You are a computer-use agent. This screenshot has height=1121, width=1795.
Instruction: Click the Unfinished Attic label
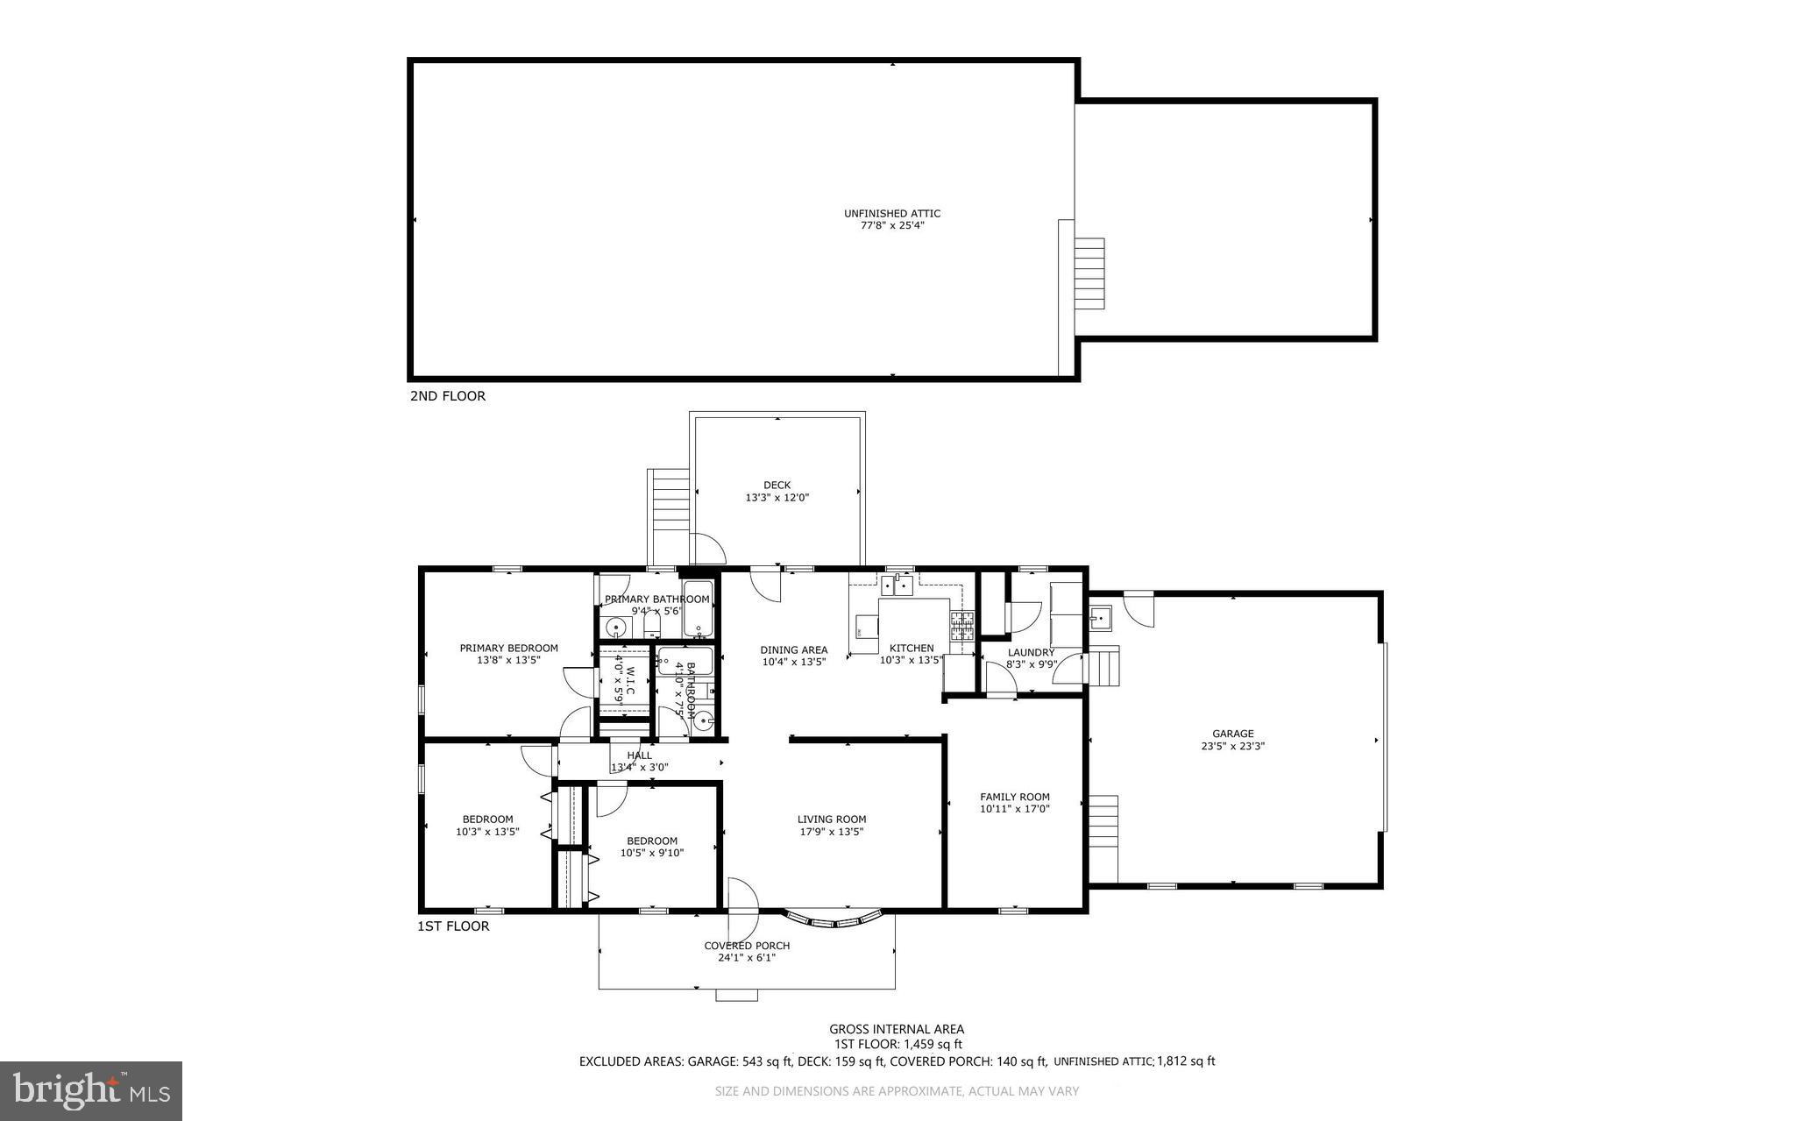[891, 213]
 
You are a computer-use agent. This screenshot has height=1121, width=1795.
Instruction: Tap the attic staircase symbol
[1089, 273]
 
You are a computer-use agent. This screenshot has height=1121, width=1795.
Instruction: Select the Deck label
[777, 485]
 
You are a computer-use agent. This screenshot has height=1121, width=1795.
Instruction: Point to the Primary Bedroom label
[508, 649]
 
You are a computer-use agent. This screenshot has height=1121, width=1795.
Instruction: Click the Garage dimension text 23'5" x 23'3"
[1232, 747]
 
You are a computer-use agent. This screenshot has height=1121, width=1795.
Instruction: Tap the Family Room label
[1014, 797]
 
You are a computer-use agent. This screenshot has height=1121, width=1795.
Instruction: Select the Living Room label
[831, 819]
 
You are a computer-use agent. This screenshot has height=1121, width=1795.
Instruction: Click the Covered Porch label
[747, 946]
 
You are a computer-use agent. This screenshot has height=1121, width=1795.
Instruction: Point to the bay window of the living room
[832, 919]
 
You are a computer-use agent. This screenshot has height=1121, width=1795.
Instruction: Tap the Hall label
[639, 756]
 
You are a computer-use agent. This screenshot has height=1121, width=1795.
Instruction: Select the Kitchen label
[912, 649]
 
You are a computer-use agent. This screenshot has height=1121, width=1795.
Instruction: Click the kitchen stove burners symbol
[961, 625]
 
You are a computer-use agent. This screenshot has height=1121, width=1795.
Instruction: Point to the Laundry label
[1030, 652]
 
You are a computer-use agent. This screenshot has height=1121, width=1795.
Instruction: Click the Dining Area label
[793, 650]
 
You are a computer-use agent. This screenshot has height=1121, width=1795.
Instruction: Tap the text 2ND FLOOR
[447, 396]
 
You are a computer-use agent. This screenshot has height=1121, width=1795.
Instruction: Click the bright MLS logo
[91, 1090]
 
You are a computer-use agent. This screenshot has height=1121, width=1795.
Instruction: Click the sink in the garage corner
[1100, 618]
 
